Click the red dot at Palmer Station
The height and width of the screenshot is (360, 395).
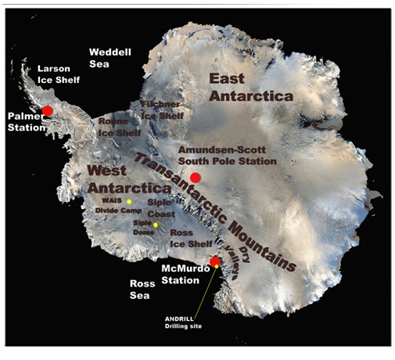pyautogui.click(x=48, y=110)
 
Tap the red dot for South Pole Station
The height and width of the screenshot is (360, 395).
pyautogui.click(x=195, y=178)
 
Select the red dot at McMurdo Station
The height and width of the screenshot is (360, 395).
pyautogui.click(x=215, y=261)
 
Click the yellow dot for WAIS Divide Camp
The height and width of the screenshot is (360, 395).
pyautogui.click(x=129, y=202)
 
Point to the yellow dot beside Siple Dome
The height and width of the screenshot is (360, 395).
pyautogui.click(x=156, y=225)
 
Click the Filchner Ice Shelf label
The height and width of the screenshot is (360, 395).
pyautogui.click(x=162, y=110)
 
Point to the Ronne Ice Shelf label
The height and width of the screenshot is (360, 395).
pyautogui.click(x=113, y=128)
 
